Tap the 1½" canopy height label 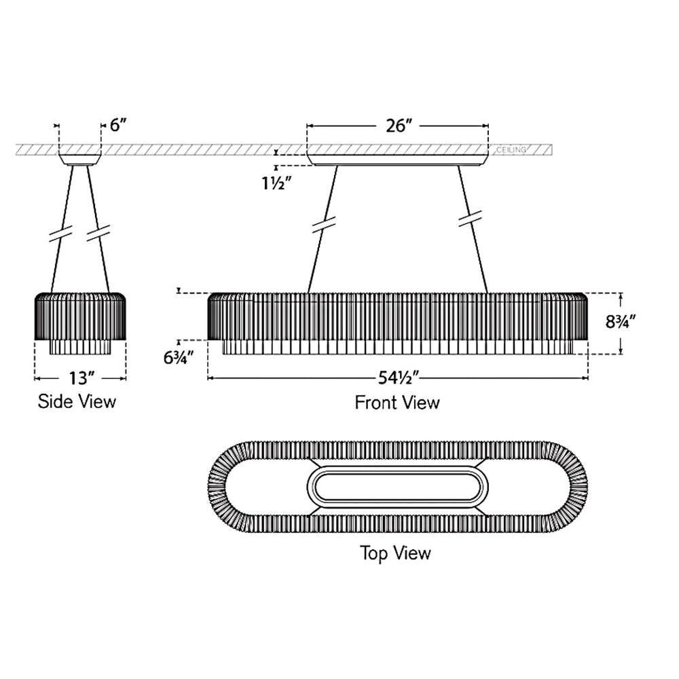coord(276,183)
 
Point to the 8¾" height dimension coord(620,322)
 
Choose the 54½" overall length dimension coord(398,378)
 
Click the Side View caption coord(77,401)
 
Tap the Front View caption coord(397,402)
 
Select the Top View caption coord(395,553)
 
